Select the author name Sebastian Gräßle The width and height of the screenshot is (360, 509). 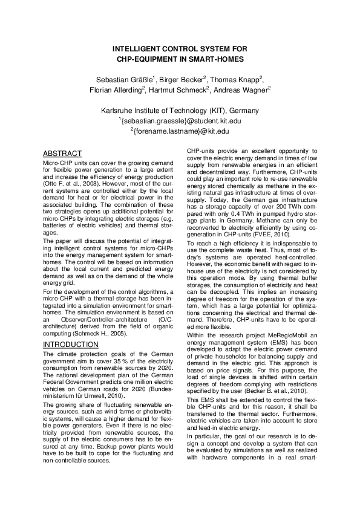[126, 79]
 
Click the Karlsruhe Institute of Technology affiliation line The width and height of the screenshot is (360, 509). [180, 111]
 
